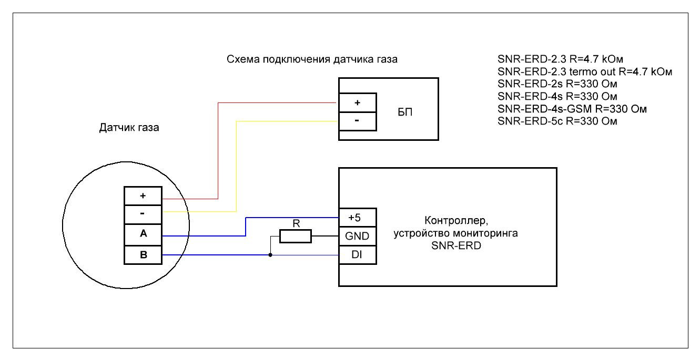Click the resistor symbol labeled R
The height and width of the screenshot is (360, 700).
click(295, 236)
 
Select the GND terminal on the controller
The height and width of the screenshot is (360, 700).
click(357, 236)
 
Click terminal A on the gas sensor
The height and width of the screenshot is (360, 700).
click(143, 234)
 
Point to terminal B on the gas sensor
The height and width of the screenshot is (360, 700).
click(143, 255)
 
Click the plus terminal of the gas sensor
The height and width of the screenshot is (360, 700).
click(143, 196)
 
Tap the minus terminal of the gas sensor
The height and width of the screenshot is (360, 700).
click(143, 214)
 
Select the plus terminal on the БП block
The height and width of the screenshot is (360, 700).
click(357, 102)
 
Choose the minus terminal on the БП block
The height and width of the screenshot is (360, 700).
click(357, 120)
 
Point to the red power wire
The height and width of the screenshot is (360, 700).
click(218, 152)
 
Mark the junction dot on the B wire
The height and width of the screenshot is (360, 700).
click(270, 255)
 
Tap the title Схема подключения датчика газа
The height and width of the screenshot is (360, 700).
click(312, 59)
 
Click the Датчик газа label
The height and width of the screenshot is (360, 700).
click(129, 128)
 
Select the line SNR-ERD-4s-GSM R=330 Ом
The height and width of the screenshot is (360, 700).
click(572, 109)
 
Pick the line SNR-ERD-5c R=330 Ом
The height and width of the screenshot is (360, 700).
click(557, 121)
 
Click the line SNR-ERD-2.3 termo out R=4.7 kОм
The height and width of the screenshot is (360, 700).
click(585, 71)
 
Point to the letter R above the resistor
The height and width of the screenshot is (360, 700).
click(296, 223)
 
